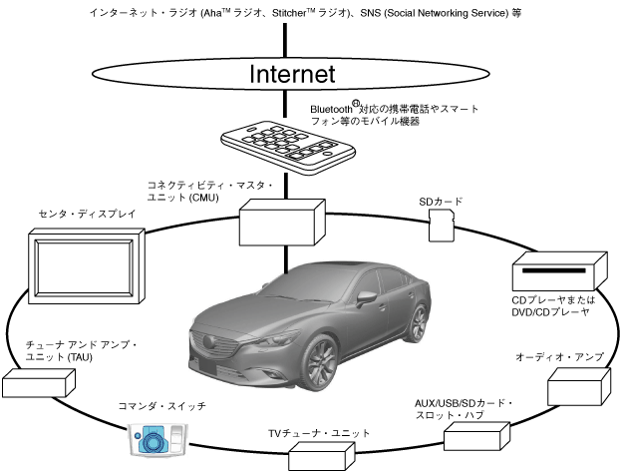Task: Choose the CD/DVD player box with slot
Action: click(x=559, y=274)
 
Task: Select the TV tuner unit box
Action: click(x=320, y=454)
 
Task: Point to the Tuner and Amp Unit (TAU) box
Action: click(x=38, y=384)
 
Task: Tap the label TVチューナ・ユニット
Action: click(x=319, y=433)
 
